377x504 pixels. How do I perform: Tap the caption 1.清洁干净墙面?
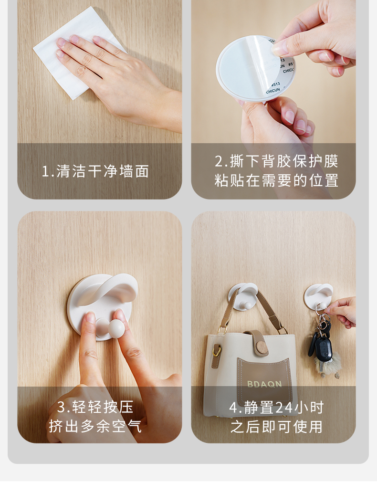[x=95, y=171]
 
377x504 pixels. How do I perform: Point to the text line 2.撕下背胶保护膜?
[x=276, y=161]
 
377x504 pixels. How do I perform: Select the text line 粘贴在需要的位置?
[x=276, y=180]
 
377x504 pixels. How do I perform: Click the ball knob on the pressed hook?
[x=116, y=328]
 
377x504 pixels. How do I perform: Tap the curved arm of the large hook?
[x=109, y=291]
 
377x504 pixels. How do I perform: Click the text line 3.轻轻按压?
[x=95, y=407]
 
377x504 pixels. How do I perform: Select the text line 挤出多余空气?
[x=95, y=427]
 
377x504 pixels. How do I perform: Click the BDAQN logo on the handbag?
[x=264, y=384]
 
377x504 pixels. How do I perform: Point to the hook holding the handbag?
[x=243, y=296]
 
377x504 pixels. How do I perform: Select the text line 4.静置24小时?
[x=276, y=408]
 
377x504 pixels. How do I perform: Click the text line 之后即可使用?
[x=276, y=427]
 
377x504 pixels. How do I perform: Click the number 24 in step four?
[x=284, y=408]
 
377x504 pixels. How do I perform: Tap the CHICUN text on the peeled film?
[x=273, y=91]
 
